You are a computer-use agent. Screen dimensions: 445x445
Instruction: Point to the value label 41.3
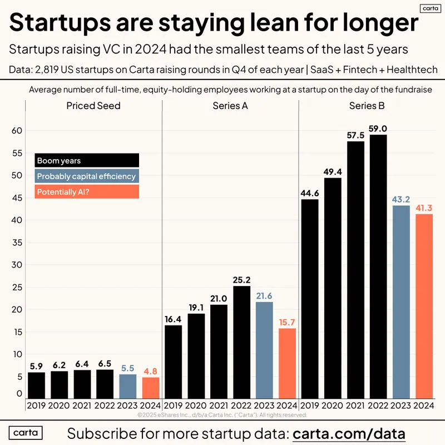click(x=424, y=208)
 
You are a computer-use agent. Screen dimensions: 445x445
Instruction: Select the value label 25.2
click(x=242, y=279)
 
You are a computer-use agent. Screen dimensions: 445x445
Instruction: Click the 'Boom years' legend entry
click(x=86, y=161)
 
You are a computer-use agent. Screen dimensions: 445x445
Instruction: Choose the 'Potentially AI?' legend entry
click(x=86, y=192)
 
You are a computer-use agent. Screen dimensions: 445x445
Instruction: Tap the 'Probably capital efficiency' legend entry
click(x=86, y=176)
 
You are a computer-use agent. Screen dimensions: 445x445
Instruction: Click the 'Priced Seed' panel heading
click(x=93, y=106)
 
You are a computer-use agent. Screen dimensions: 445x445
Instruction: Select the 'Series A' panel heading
click(x=230, y=106)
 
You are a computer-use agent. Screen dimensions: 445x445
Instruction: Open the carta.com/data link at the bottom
click(x=349, y=433)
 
